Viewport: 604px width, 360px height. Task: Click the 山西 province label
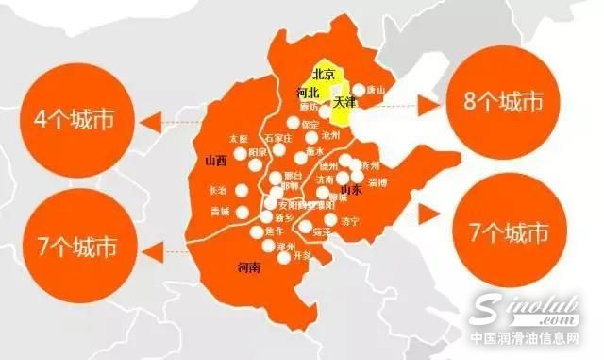(215, 162)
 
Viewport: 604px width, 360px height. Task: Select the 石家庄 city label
(279, 137)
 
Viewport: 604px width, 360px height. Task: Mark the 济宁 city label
(349, 223)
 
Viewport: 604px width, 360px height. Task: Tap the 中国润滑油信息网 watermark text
(535, 342)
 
